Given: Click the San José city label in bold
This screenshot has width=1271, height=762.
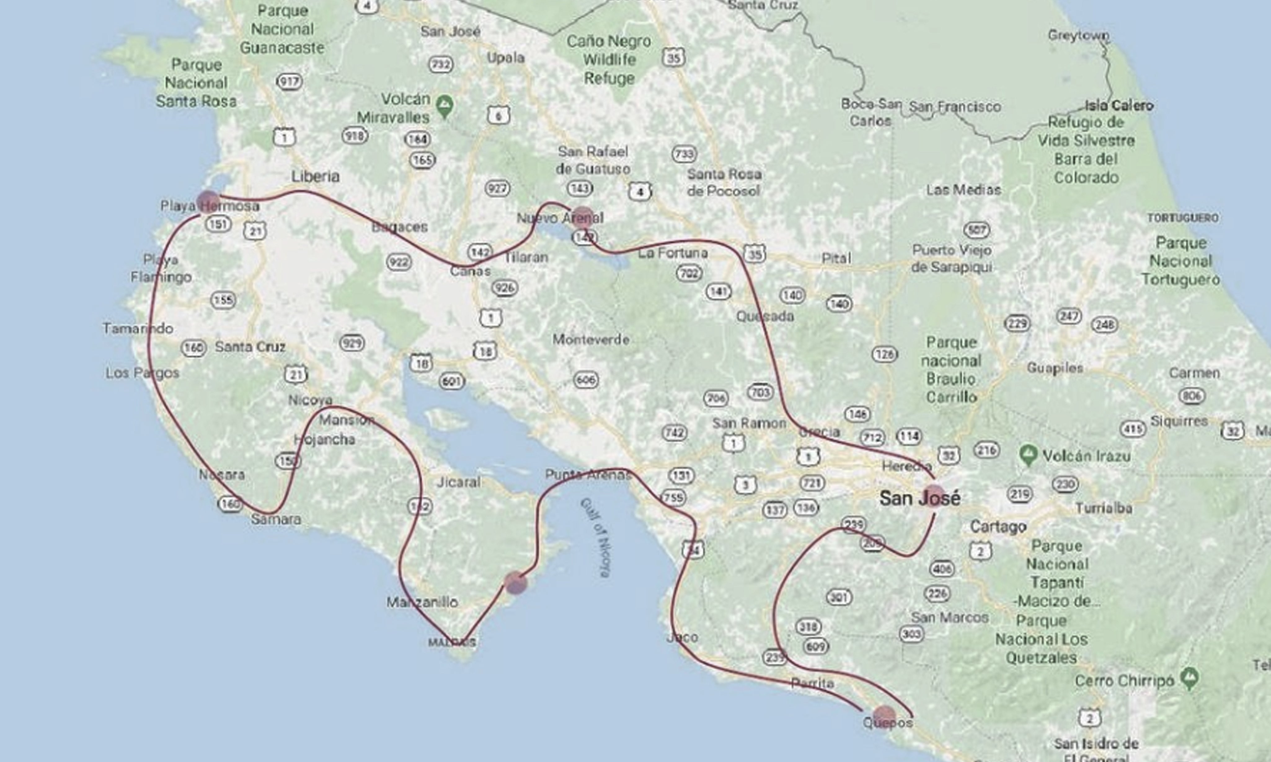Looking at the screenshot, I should click(x=919, y=498).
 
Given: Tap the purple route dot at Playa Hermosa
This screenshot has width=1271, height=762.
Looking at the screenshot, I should click(x=208, y=201).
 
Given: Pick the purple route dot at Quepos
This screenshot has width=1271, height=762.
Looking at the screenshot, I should click(x=884, y=716).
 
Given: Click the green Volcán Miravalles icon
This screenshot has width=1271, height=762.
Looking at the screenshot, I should click(x=444, y=105).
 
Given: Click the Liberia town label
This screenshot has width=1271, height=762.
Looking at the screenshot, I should click(x=316, y=176).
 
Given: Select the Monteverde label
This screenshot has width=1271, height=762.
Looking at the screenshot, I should click(x=591, y=339).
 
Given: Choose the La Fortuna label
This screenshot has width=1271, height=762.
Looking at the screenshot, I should click(x=673, y=253).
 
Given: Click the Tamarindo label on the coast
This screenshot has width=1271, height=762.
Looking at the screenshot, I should click(x=138, y=328).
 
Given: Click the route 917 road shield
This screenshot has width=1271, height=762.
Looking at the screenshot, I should click(x=289, y=81).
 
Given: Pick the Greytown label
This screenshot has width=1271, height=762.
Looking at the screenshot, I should click(x=1079, y=35).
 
